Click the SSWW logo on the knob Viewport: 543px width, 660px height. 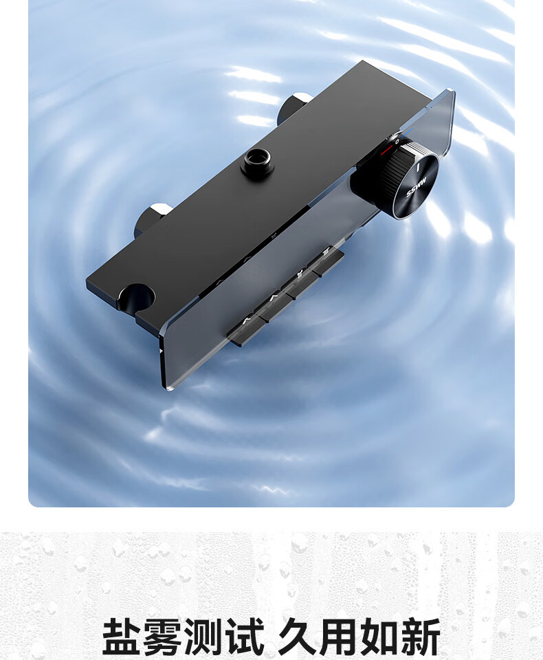(417, 187)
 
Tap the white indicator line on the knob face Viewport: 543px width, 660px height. (418, 168)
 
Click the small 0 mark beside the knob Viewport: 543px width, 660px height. (397, 142)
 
